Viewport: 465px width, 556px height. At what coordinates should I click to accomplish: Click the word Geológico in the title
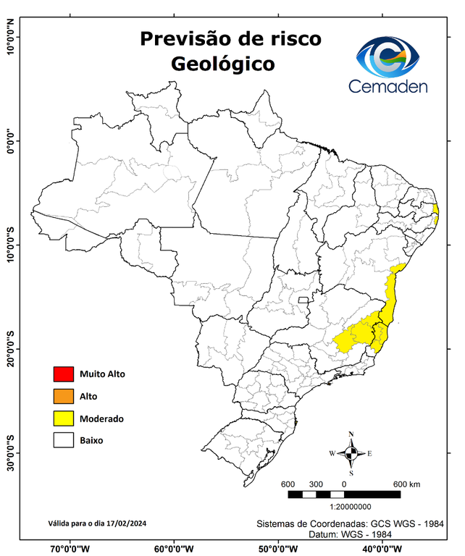click(x=222, y=64)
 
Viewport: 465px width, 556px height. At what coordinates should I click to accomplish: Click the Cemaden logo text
click(x=388, y=87)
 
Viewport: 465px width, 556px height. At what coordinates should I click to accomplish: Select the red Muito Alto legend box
click(x=64, y=374)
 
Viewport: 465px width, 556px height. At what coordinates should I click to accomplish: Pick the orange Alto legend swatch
click(x=64, y=396)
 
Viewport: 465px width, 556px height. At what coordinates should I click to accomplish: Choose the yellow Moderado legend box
click(x=64, y=418)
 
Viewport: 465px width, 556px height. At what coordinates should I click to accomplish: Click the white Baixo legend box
click(x=64, y=440)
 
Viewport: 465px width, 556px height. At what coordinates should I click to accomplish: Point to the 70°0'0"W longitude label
click(x=70, y=548)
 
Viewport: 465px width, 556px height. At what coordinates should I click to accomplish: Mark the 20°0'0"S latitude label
click(x=11, y=349)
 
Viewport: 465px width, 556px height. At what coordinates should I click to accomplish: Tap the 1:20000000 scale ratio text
click(x=351, y=507)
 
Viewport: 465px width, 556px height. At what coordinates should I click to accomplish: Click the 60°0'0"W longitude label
click(x=175, y=548)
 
